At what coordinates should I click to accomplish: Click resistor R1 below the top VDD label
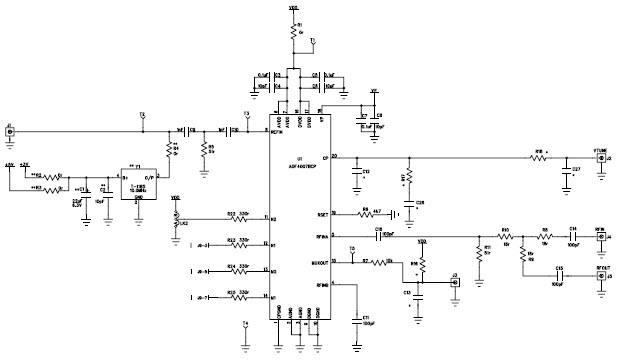coord(294,32)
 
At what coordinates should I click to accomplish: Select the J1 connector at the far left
coord(9,130)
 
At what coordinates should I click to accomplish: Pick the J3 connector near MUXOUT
coord(455,283)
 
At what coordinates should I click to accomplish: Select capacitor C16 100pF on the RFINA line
coord(380,236)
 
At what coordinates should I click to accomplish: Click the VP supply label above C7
coord(373,91)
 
